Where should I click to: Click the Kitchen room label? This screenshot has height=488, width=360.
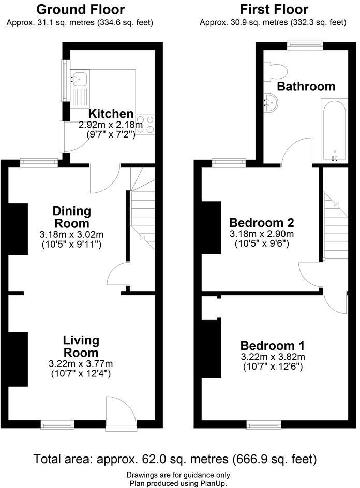pyautogui.click(x=111, y=114)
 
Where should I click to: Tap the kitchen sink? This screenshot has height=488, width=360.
pyautogui.click(x=80, y=79)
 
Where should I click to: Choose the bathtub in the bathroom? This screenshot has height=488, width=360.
pyautogui.click(x=334, y=129)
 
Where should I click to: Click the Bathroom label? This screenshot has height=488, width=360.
pyautogui.click(x=306, y=86)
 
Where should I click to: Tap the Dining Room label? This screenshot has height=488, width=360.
pyautogui.click(x=71, y=217)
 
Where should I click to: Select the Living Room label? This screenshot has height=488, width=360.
pyautogui.click(x=81, y=346)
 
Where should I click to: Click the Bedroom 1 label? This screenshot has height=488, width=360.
pyautogui.click(x=272, y=346)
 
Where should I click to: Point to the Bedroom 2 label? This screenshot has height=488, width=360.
pyautogui.click(x=262, y=223)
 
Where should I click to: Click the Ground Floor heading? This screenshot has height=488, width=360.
pyautogui.click(x=81, y=9)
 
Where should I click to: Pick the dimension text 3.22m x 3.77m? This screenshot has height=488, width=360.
pyautogui.click(x=81, y=363)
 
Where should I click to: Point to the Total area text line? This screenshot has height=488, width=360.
pyautogui.click(x=175, y=459)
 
